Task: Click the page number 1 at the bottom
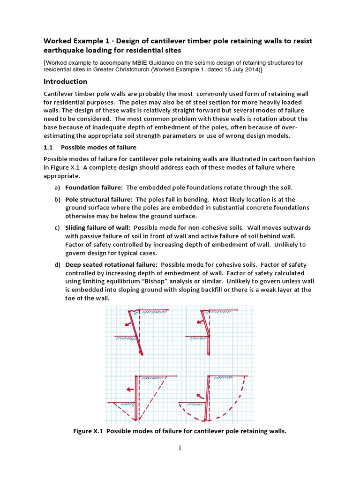coord(180,448)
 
